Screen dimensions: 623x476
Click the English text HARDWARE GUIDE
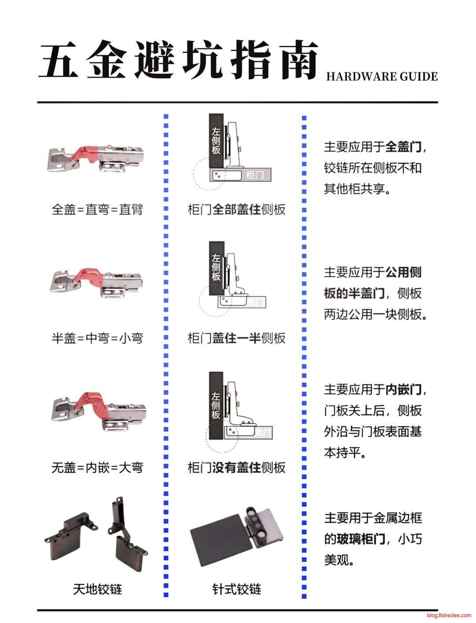[x=382, y=77]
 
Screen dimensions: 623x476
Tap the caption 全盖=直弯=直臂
[x=97, y=209]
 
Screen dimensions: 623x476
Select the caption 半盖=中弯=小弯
[x=97, y=338]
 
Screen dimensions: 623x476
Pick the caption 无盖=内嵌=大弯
[x=97, y=467]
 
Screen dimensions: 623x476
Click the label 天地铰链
[x=97, y=589]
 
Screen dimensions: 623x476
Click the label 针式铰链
[x=237, y=589]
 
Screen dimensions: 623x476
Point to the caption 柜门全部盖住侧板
[x=237, y=209]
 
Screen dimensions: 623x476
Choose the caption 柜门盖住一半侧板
[x=237, y=338]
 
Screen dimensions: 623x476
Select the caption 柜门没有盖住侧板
[x=237, y=467]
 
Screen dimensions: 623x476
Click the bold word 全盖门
[x=403, y=147]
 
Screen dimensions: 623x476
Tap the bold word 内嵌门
[x=403, y=390]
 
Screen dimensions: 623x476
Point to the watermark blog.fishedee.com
[x=449, y=616]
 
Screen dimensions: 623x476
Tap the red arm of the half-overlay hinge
[x=88, y=275]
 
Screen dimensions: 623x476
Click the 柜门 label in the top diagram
[x=254, y=175]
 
